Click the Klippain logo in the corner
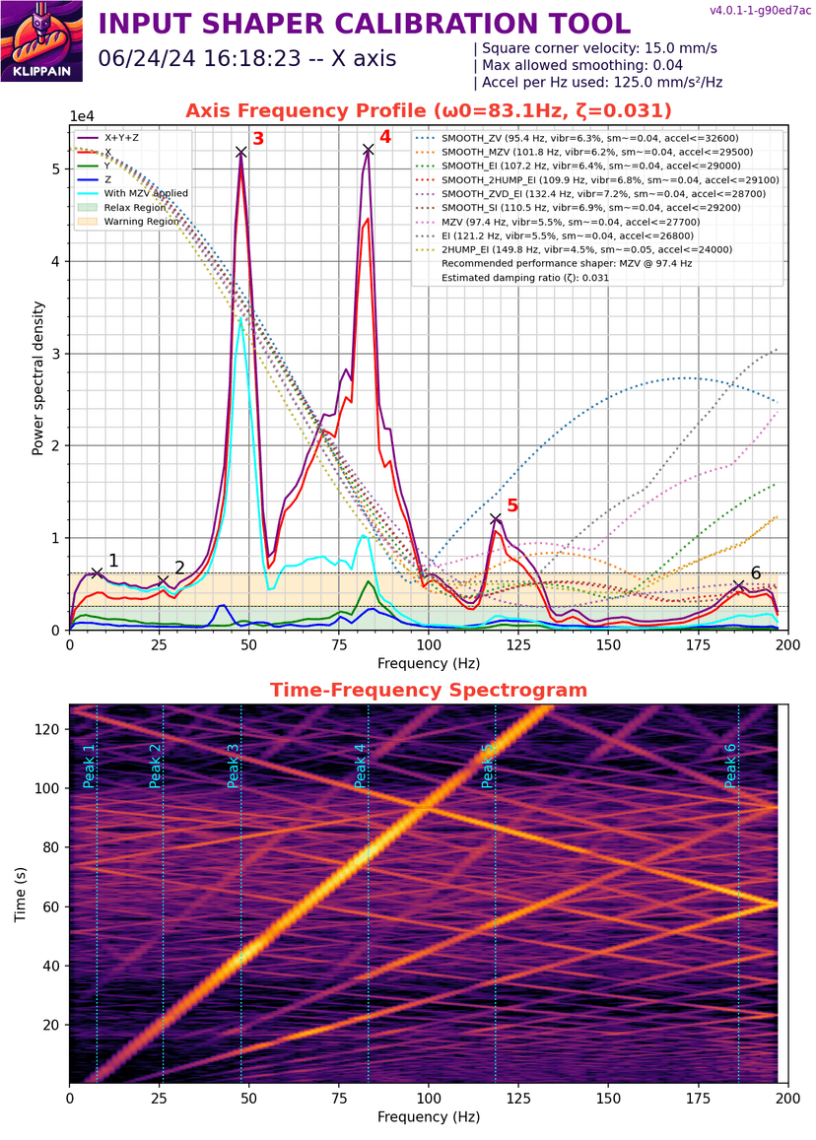tap(41, 41)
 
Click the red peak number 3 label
tap(258, 139)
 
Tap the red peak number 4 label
tap(385, 138)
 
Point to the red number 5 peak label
tap(511, 505)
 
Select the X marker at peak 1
tap(97, 572)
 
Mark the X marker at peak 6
tap(738, 585)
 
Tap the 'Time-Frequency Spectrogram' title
tap(429, 690)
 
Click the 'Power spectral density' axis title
tap(37, 378)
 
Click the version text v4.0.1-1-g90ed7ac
tap(758, 11)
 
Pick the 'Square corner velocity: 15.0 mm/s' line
tap(595, 47)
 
